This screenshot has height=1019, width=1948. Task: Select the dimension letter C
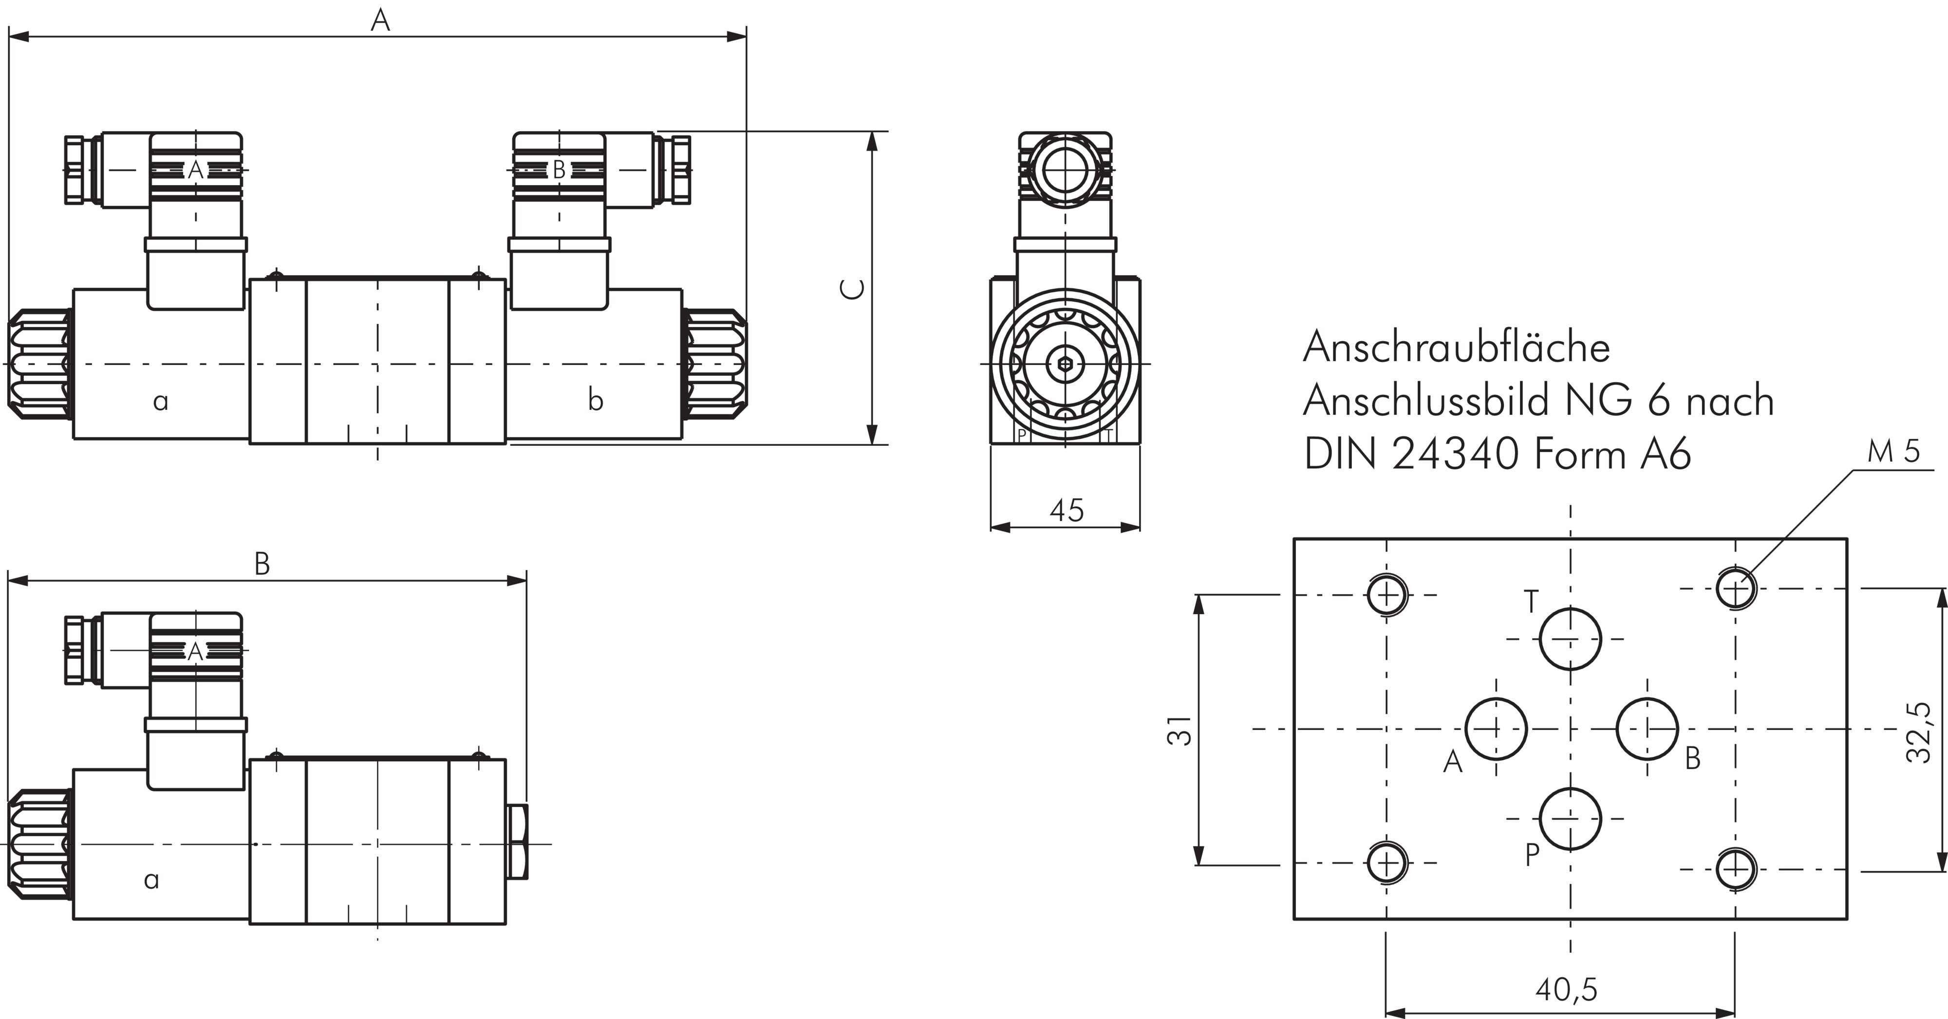point(854,289)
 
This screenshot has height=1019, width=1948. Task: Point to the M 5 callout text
point(1893,452)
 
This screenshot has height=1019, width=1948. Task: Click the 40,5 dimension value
point(1566,989)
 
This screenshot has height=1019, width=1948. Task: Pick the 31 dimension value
point(1180,731)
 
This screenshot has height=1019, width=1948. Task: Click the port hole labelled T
point(1571,638)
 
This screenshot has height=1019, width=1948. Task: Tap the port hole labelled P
point(1571,819)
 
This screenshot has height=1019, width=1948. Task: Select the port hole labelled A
point(1496,729)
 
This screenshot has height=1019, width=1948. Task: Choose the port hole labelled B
point(1647,729)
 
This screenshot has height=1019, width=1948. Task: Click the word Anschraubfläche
point(1457,348)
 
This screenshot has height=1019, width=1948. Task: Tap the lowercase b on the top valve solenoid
point(596,400)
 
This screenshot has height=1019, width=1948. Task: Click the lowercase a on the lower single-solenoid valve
point(151,879)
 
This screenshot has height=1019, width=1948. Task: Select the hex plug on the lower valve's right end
point(518,843)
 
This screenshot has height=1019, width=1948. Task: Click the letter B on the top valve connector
point(559,170)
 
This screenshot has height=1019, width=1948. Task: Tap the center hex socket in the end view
point(1065,364)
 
